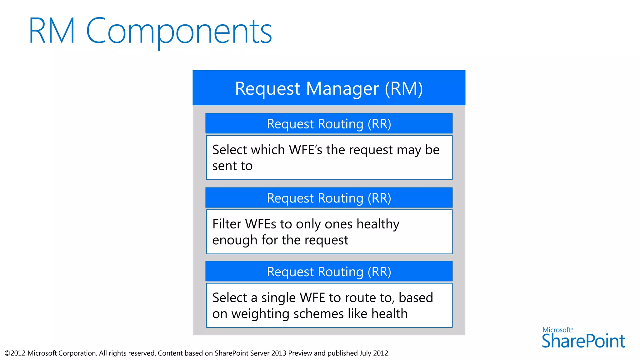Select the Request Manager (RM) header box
coord(329,88)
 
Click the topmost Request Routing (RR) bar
coord(329,124)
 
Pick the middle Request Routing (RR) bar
coord(329,198)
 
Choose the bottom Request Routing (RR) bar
coord(329,272)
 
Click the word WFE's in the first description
coord(305,150)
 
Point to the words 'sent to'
coord(232,166)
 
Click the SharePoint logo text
coord(583,341)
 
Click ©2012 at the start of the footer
coord(15,353)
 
